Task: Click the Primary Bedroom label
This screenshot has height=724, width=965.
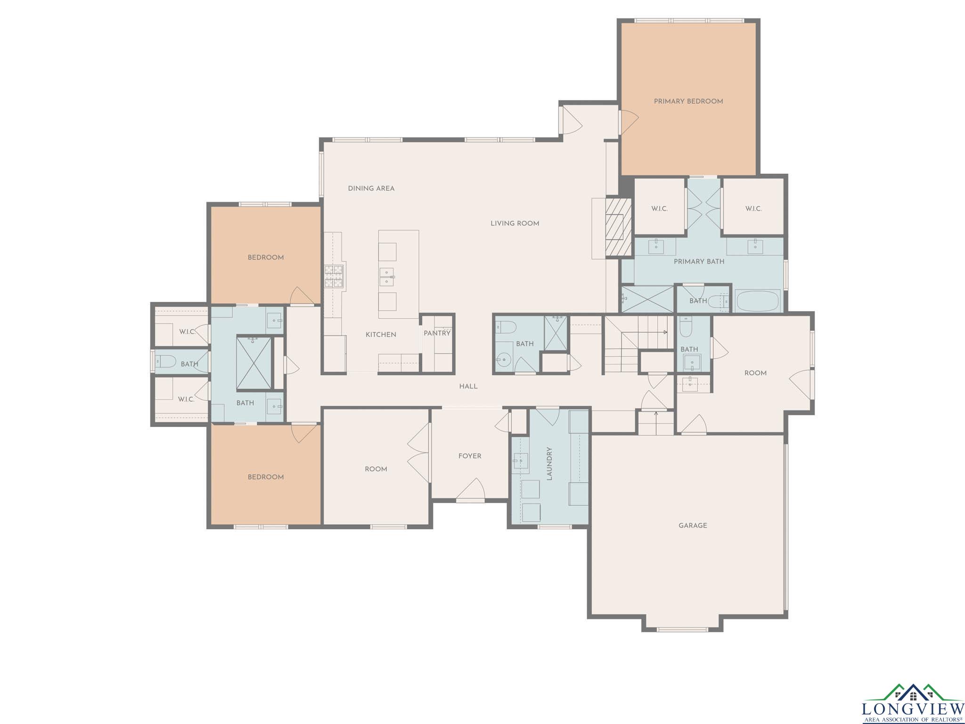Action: point(688,101)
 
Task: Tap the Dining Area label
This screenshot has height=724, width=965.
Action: point(371,189)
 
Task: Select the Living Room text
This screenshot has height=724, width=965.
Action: point(515,223)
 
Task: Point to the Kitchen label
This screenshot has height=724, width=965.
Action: point(381,335)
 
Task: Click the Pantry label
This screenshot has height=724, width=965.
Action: point(437,333)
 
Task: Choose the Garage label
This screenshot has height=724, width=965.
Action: point(693,526)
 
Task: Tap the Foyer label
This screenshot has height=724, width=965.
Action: point(470,456)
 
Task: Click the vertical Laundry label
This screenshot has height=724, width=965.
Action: point(549,464)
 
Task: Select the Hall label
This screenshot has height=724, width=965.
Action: point(468,387)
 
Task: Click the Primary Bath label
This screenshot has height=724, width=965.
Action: point(699,262)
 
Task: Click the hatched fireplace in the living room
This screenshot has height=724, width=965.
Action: point(618,227)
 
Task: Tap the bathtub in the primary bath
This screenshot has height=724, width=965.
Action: point(758,301)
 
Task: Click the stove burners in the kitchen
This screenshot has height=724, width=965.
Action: point(335,276)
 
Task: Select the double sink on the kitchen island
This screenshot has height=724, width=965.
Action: point(387,277)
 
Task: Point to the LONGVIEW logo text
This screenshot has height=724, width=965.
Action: point(913,708)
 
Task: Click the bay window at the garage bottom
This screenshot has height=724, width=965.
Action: point(682,629)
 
